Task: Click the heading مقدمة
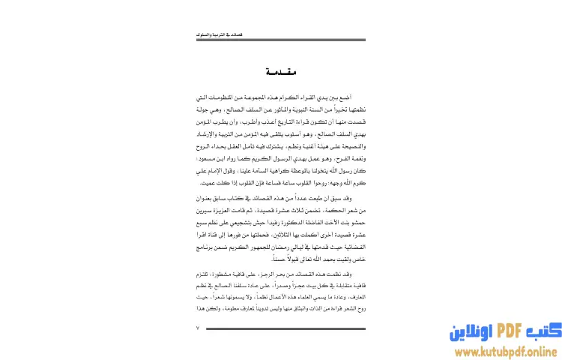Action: click(x=281, y=73)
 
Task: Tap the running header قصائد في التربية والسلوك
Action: click(x=213, y=34)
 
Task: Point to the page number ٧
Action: click(x=199, y=328)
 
